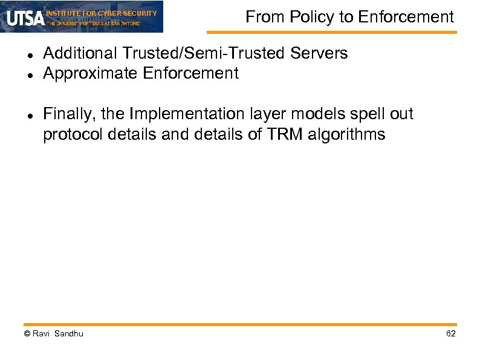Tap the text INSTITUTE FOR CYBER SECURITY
102,13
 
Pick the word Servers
319,54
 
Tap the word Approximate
91,74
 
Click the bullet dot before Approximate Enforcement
30,75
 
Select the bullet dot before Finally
30,116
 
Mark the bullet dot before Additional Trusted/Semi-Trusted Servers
30,55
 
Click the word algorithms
346,134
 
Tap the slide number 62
450,334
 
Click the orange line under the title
331,32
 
